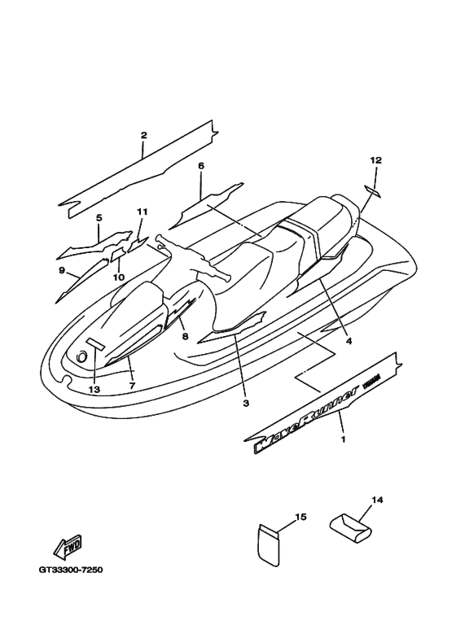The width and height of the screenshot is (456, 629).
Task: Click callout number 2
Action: [x=143, y=135]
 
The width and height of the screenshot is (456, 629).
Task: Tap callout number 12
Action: [x=376, y=160]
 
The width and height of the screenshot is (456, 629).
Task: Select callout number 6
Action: [x=201, y=166]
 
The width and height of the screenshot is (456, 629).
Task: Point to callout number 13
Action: [x=94, y=390]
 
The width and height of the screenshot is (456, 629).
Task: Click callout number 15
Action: [x=301, y=517]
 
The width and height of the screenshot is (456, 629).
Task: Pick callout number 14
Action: [x=377, y=500]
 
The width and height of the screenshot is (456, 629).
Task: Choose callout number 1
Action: [x=343, y=439]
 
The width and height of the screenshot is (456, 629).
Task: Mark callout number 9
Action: [x=62, y=270]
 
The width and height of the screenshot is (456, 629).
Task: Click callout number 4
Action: [x=349, y=341]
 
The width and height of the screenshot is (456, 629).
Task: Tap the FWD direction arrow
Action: [x=68, y=548]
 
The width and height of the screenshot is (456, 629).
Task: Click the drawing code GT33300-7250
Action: [x=71, y=570]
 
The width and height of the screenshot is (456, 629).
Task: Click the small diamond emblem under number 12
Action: [x=373, y=191]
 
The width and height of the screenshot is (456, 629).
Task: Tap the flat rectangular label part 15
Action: [x=268, y=545]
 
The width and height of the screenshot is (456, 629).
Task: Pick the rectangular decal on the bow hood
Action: [x=95, y=343]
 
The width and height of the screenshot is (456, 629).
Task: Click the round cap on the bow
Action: [x=82, y=356]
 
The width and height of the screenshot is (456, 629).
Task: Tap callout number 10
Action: [x=119, y=277]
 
